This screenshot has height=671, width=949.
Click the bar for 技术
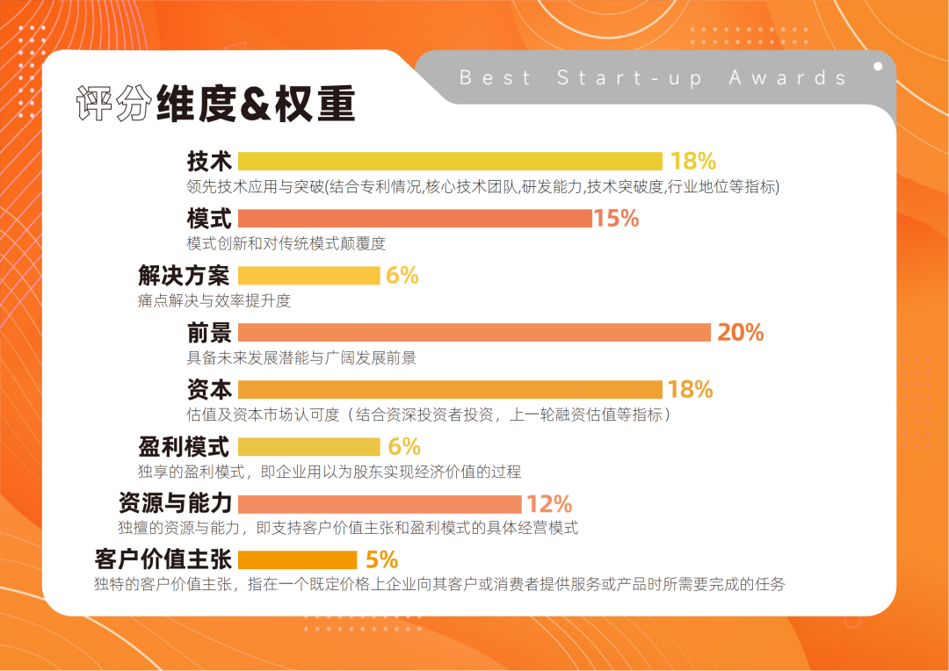pyautogui.click(x=450, y=162)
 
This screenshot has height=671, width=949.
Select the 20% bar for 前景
pyautogui.click(x=474, y=333)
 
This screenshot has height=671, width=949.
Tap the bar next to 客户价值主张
pyautogui.click(x=297, y=560)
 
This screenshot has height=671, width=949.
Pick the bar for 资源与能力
pyautogui.click(x=380, y=504)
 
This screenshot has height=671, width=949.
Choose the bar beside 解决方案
pyautogui.click(x=308, y=276)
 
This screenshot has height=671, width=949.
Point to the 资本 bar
pyautogui.click(x=450, y=390)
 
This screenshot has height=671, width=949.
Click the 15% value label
pyautogui.click(x=617, y=219)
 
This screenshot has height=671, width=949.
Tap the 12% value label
pyautogui.click(x=549, y=504)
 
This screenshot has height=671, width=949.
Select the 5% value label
pyautogui.click(x=381, y=560)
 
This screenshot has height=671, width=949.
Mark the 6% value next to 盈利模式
pyautogui.click(x=404, y=446)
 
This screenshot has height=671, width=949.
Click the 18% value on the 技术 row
pyautogui.click(x=693, y=162)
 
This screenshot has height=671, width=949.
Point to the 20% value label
pyautogui.click(x=741, y=333)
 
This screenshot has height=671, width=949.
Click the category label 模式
pyautogui.click(x=209, y=219)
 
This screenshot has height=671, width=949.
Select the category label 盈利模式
pyautogui.click(x=185, y=446)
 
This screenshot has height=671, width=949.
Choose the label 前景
pyautogui.click(x=209, y=333)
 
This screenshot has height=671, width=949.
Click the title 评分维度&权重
pyautogui.click(x=215, y=104)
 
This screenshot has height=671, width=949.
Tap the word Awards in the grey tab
pyautogui.click(x=787, y=77)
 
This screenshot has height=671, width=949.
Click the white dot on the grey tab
pyautogui.click(x=878, y=65)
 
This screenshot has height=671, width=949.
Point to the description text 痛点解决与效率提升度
pyautogui.click(x=214, y=301)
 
